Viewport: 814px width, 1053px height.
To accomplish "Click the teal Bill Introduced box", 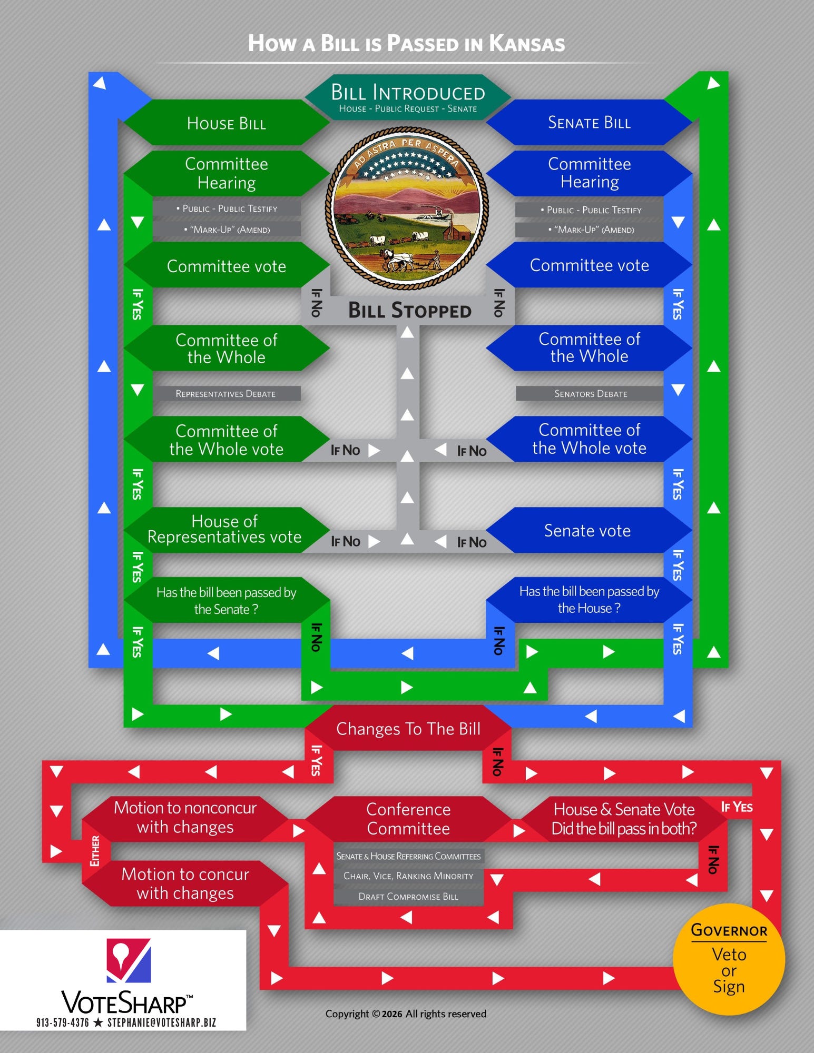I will pos(408,97).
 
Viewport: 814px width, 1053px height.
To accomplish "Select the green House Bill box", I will pos(227,123).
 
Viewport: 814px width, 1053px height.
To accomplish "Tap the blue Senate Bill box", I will pos(589,123).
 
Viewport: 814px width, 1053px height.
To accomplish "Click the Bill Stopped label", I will pos(409,311).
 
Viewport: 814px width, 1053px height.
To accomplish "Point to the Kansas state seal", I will pos(407,208).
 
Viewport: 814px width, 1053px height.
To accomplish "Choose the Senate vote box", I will pos(587,530).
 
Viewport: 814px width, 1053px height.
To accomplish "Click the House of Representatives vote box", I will pos(225,529).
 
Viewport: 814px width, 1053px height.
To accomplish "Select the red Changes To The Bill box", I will pos(408,729).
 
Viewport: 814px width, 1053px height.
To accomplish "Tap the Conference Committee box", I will pos(408,819).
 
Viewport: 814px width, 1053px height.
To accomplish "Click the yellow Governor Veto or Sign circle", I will pos(729,959).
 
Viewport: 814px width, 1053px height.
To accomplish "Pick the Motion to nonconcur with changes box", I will pos(185,817).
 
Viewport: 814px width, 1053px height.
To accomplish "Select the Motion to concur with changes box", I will pos(185,883).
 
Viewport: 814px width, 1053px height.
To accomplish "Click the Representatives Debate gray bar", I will pos(225,394).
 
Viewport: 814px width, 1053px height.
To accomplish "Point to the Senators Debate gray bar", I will pos(590,394).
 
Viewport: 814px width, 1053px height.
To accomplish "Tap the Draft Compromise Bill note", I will pos(408,897).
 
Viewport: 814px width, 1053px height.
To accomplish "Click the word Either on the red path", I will pos(95,850).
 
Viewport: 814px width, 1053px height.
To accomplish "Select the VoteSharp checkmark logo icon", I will pos(129,960).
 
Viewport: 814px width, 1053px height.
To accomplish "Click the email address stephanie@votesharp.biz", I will pos(162,1022).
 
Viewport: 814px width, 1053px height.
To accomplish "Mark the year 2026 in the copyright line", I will pos(392,1014).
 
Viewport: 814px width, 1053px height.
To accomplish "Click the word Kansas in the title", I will pos(527,44).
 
